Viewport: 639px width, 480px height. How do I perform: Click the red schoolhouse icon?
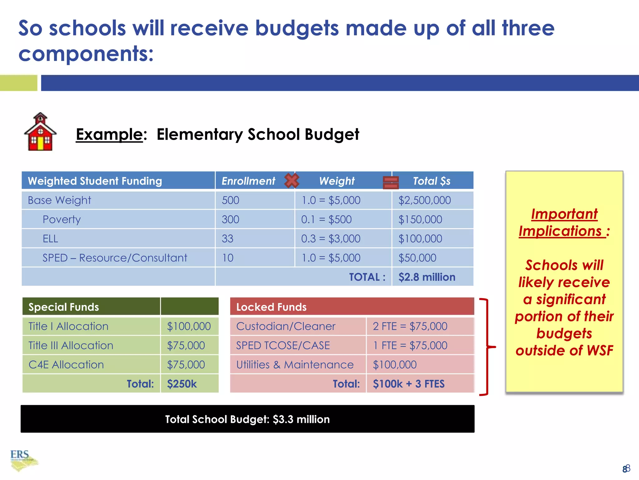point(40,132)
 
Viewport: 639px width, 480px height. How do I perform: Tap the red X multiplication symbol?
point(292,180)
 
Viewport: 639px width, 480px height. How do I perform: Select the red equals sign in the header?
point(391,182)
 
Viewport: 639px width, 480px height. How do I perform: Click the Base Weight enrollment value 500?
point(231,200)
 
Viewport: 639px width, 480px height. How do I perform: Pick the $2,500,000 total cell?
point(424,200)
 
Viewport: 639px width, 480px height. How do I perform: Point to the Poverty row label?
point(61,219)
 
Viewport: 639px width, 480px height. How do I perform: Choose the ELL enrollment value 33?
point(227,239)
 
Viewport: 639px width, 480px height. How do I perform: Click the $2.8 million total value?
point(427,277)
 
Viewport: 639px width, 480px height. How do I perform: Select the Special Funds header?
point(64,307)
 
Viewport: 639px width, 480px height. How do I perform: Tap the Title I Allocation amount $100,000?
point(189,326)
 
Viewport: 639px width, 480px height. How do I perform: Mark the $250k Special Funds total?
point(182,384)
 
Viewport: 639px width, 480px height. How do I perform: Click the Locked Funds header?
point(271,307)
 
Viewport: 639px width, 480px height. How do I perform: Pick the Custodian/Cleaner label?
point(285,326)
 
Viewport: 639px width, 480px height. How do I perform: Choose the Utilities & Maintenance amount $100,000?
point(395,365)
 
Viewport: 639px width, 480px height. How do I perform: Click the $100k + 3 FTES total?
point(408,384)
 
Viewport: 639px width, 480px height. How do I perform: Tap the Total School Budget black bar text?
point(247,419)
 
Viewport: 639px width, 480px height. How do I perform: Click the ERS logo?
point(22,459)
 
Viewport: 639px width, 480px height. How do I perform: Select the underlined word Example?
point(109,134)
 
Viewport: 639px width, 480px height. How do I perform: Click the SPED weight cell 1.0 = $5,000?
point(331,258)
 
